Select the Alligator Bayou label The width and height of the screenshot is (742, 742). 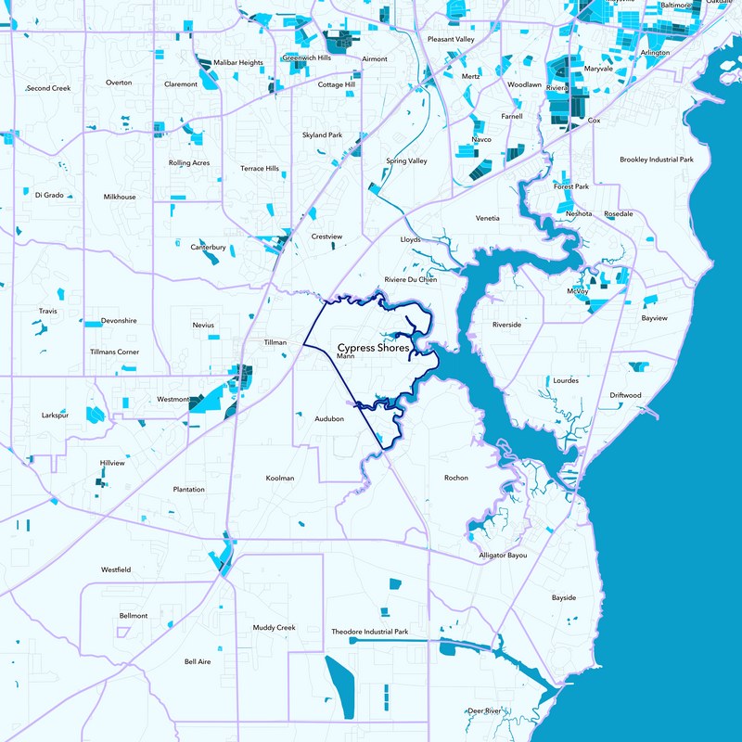(x=503, y=555)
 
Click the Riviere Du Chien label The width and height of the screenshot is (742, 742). (x=410, y=279)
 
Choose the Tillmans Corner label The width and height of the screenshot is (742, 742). (x=115, y=352)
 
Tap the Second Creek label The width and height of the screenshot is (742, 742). (x=48, y=88)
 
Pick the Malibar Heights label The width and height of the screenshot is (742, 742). (x=238, y=62)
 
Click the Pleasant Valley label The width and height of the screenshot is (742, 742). (x=451, y=40)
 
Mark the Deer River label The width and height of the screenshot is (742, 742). (x=484, y=710)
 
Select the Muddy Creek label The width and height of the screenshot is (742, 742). (x=274, y=628)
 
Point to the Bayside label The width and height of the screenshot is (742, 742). (x=564, y=597)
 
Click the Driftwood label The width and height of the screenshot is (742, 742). (x=625, y=395)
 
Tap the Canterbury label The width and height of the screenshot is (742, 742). (x=209, y=248)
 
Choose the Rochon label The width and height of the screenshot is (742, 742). (x=456, y=478)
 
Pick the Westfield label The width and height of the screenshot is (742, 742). (x=116, y=569)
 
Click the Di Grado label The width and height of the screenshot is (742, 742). (x=49, y=195)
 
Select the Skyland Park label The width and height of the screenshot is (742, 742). (x=322, y=135)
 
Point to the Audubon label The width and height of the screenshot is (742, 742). (x=329, y=419)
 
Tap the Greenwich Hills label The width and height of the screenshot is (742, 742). (x=307, y=58)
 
